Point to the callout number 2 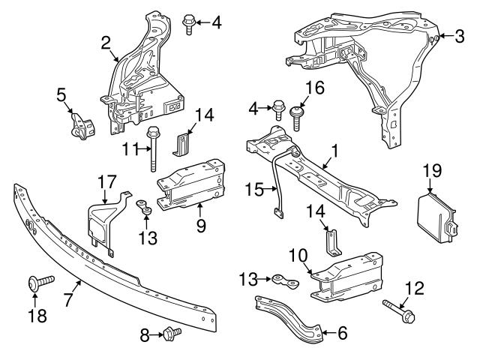[x=106, y=43]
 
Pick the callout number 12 [x=415, y=286]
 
